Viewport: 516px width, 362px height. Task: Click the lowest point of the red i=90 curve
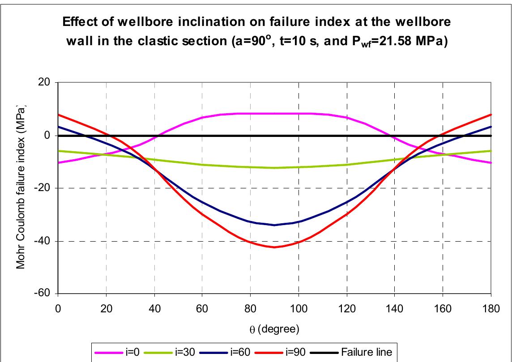[274, 247]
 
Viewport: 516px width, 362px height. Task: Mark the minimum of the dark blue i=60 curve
[274, 225]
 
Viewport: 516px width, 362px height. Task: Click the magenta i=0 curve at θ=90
[274, 114]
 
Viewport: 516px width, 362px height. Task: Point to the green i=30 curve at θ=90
[274, 168]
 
